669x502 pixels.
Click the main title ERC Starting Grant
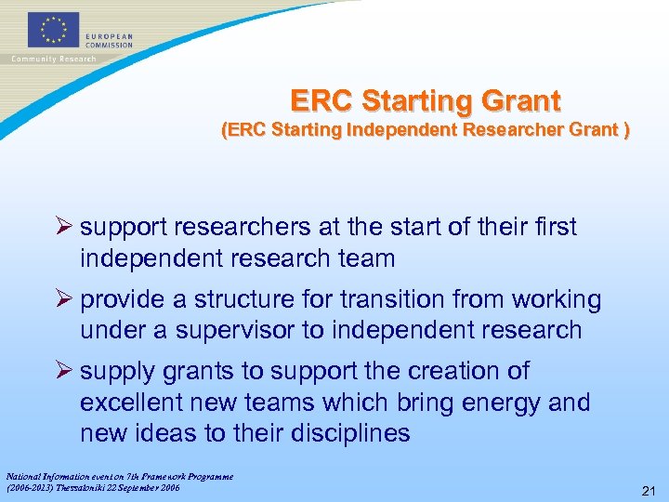click(x=426, y=100)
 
